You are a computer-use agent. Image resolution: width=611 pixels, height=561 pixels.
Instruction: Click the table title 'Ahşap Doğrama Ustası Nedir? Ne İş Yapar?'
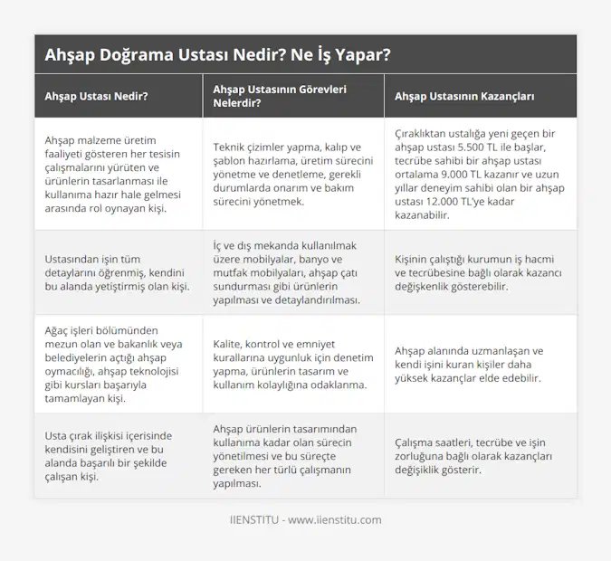pyautogui.click(x=218, y=54)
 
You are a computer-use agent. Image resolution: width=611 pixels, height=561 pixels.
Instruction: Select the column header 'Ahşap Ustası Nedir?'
pyautogui.click(x=97, y=95)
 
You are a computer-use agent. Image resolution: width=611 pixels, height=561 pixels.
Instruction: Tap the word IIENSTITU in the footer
pyautogui.click(x=254, y=520)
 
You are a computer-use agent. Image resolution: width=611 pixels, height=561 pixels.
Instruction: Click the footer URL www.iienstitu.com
pyautogui.click(x=335, y=520)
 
